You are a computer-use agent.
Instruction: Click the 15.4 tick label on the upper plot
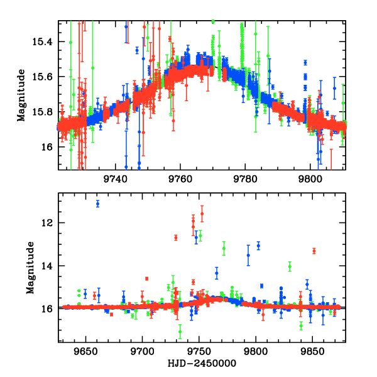click(x=44, y=42)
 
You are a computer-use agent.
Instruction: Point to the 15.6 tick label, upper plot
click(x=44, y=77)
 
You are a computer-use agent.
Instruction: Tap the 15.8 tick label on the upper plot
click(x=44, y=112)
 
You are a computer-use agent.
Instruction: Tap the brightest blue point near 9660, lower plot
click(x=97, y=203)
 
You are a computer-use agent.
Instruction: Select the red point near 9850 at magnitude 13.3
click(x=314, y=251)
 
